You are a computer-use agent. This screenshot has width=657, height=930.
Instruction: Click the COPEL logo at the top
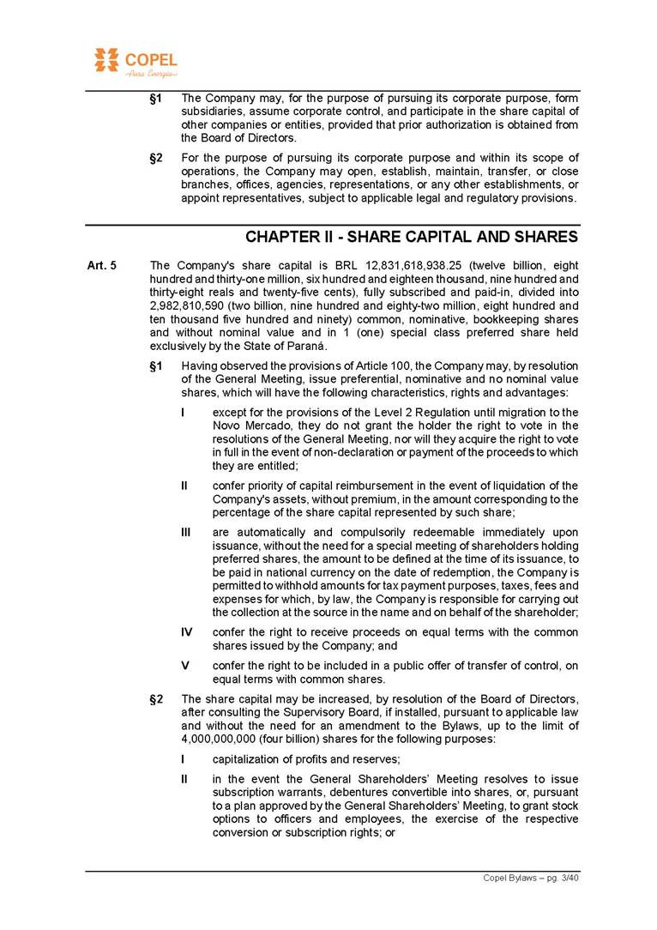tap(136, 63)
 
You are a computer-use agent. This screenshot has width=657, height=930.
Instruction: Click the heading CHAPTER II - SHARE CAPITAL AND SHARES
tap(412, 237)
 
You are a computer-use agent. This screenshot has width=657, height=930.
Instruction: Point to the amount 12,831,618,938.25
tap(417, 266)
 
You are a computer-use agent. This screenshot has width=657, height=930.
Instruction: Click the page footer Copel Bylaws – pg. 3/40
tap(532, 878)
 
